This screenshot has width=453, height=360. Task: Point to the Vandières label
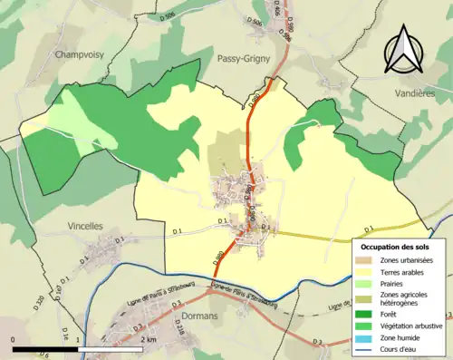coord(408,93)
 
